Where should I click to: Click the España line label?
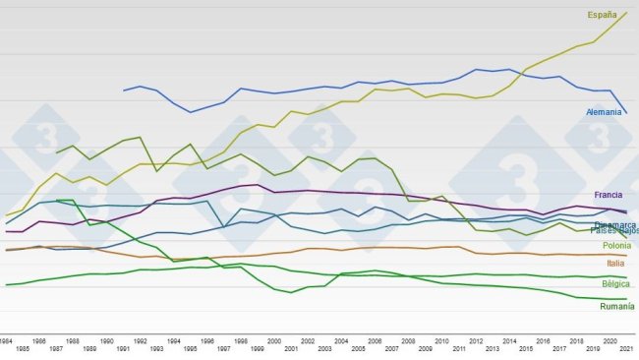(602, 15)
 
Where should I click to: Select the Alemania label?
(603, 112)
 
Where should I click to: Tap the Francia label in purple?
(610, 195)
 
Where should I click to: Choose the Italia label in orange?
(614, 264)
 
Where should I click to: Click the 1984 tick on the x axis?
(7, 339)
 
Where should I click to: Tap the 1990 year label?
(107, 339)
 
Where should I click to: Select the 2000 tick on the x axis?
(274, 339)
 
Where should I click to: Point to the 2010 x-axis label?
(442, 339)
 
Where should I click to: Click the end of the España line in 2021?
(626, 12)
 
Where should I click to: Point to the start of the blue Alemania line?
(124, 90)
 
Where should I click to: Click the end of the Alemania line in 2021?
(626, 113)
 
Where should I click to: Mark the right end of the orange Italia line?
(626, 256)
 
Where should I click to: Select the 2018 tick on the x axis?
(576, 339)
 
